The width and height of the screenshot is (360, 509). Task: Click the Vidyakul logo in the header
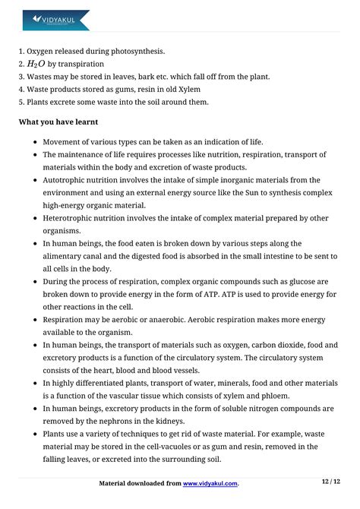click(x=55, y=19)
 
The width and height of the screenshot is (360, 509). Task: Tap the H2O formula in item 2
click(x=36, y=64)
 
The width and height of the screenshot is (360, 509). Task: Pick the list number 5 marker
click(x=21, y=102)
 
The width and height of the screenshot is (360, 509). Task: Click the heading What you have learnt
click(x=58, y=122)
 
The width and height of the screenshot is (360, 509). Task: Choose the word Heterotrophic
click(x=74, y=218)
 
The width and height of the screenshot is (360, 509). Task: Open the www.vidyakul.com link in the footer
click(x=210, y=483)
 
